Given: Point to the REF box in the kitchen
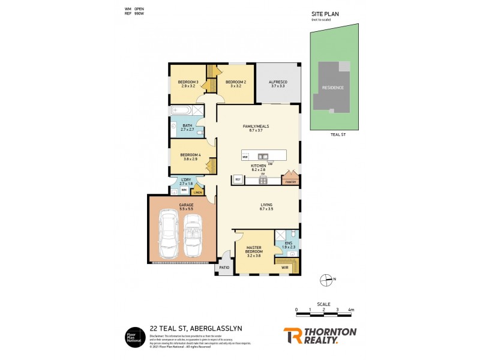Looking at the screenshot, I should point(238,179).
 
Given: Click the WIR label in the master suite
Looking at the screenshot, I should point(284,267).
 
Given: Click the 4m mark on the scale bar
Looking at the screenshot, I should point(351,310).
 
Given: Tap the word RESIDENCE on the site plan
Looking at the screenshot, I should point(333,88).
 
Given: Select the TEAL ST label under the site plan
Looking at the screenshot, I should point(339,135).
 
